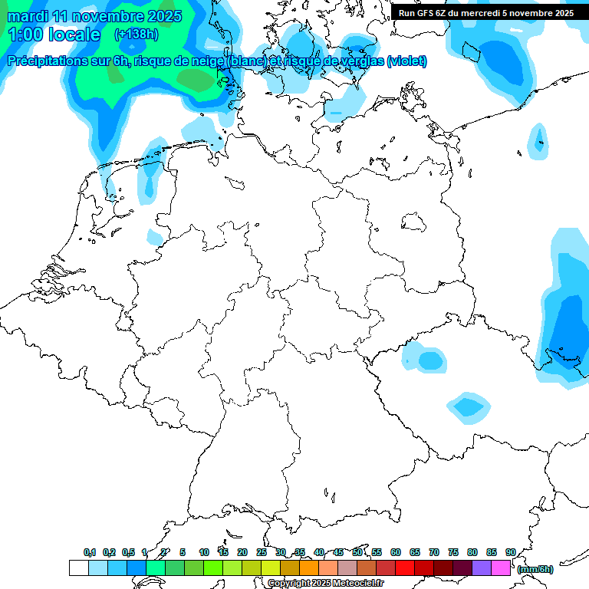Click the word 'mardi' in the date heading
pos(27,16)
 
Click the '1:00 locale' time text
pos(53,35)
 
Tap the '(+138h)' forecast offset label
pos(136,34)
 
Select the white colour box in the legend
pos(78,568)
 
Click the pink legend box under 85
pos(501,568)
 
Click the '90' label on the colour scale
pos(510,552)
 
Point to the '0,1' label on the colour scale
pos(90,552)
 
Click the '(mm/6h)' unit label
pos(535,569)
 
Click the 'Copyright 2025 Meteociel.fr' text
pos(325,584)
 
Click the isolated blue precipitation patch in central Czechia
pos(467,406)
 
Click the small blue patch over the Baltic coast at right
pos(539,140)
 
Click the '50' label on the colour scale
pos(357,552)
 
